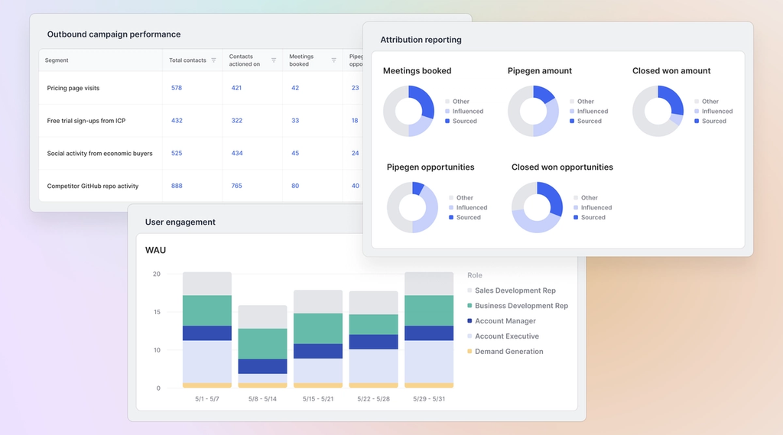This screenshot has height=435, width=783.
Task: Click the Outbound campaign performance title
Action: [x=114, y=34]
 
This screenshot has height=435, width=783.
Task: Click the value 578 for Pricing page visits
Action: [x=177, y=88]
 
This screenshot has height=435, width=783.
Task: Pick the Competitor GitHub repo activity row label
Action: [x=93, y=186]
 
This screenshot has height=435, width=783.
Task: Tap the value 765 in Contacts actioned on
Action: [x=237, y=186]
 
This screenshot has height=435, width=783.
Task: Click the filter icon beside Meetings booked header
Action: [x=333, y=60]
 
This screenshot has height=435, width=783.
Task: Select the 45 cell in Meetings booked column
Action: [x=295, y=154]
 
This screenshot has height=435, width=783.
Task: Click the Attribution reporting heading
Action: [x=421, y=40]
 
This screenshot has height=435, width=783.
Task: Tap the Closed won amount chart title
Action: [x=671, y=71]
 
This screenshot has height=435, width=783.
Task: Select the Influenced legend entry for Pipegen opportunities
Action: [x=471, y=207]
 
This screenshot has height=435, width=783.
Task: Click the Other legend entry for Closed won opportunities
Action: [x=589, y=197]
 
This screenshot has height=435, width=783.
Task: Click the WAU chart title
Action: [x=155, y=250]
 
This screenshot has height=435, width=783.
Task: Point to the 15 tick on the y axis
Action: [x=156, y=312]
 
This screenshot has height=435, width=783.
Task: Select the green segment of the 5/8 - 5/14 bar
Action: [x=262, y=343]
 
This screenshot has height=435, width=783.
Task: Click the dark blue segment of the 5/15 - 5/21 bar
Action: [x=317, y=351]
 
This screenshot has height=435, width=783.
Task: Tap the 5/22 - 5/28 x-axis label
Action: [x=373, y=399]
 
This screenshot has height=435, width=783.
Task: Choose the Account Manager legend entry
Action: [x=505, y=321]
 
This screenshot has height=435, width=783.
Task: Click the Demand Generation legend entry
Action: [x=508, y=352]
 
